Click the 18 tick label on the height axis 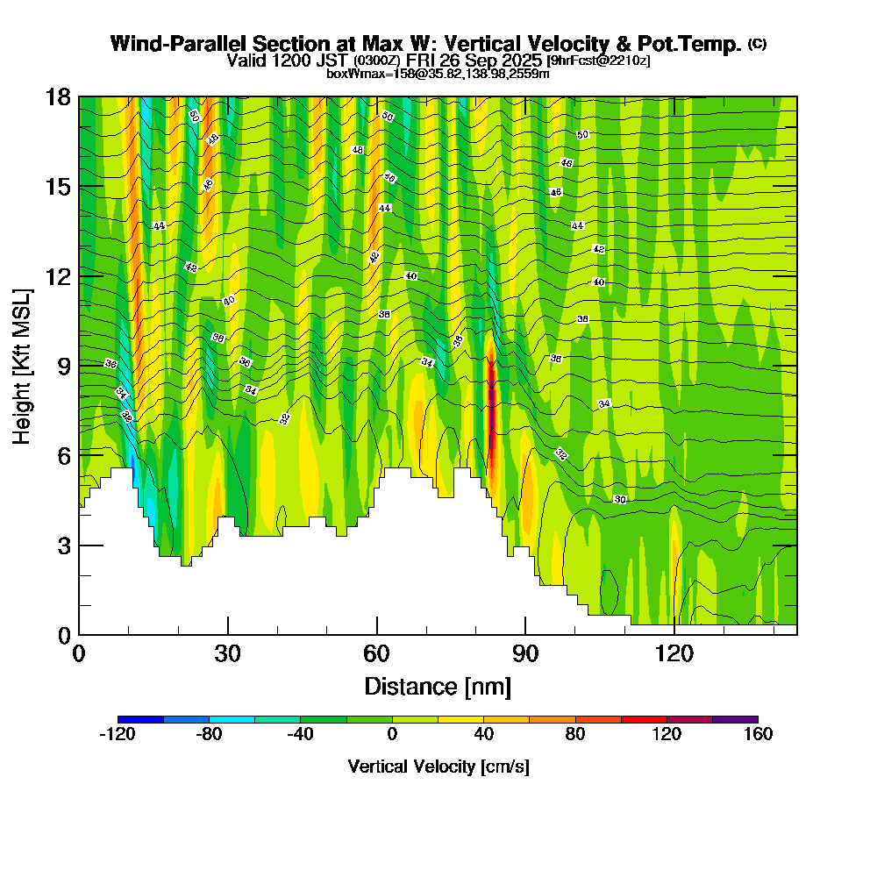click(x=58, y=96)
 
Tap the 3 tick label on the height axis click(x=63, y=545)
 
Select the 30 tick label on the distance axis click(x=227, y=653)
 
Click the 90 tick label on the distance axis click(x=525, y=653)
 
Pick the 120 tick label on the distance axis click(x=674, y=653)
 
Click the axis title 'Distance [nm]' click(x=438, y=686)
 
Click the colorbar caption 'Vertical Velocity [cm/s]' click(x=438, y=766)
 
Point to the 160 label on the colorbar click(x=758, y=734)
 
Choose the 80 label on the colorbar click(x=575, y=734)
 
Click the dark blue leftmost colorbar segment click(x=140, y=719)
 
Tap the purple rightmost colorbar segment click(x=735, y=719)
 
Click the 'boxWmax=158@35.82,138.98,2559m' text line click(x=438, y=74)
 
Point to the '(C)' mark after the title click(x=757, y=43)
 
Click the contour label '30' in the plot click(x=620, y=499)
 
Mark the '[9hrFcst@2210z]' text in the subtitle click(x=598, y=61)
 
